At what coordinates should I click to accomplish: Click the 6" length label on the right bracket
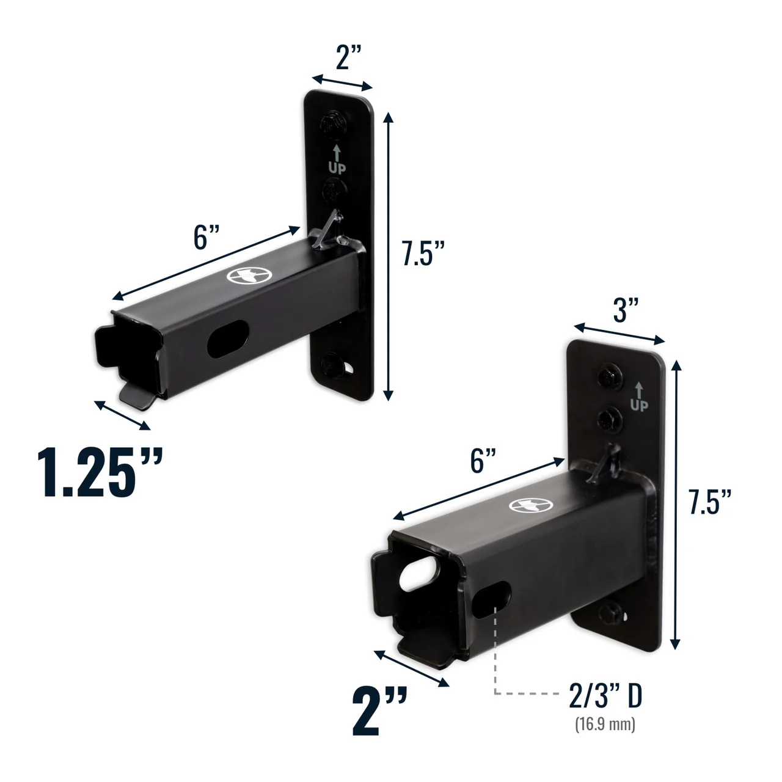click(482, 460)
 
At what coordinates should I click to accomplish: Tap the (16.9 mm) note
click(605, 725)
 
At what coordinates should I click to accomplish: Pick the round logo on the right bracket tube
click(530, 505)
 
